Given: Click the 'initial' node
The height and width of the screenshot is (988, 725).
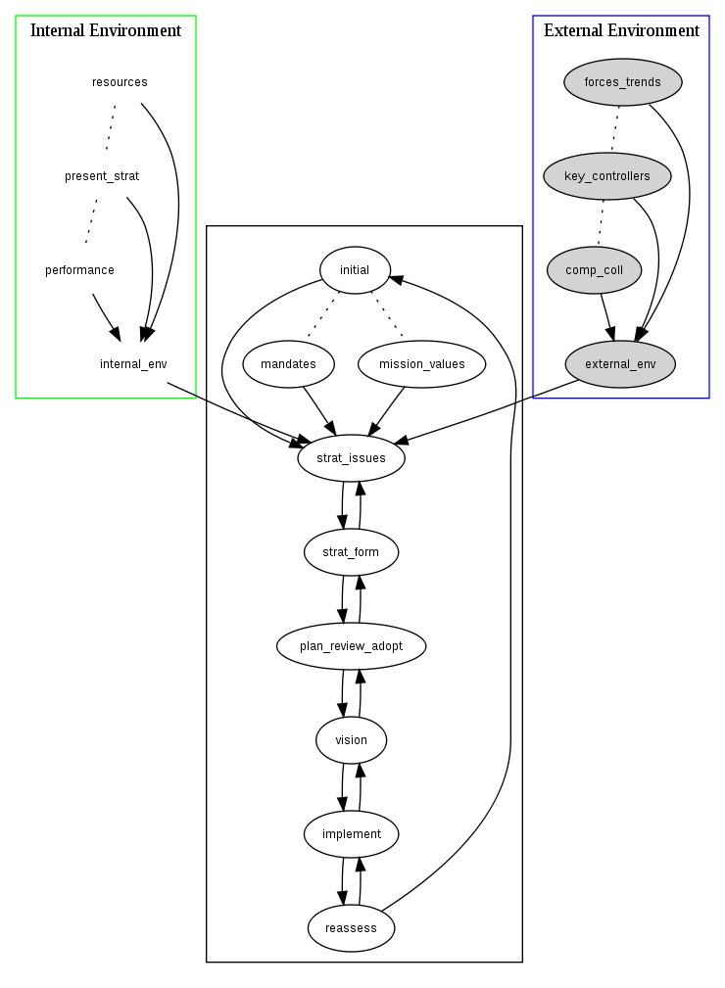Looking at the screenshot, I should coord(355,270).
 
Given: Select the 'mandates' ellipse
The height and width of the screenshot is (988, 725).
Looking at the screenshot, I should coord(288,364).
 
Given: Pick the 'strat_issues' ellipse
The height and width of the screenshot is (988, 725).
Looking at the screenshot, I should coord(351,457).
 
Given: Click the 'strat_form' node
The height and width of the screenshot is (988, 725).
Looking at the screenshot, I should coord(351,552).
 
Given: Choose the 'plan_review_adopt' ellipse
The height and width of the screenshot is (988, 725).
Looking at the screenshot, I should coord(351,646).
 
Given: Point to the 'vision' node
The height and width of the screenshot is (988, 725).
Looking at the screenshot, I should coord(351,740).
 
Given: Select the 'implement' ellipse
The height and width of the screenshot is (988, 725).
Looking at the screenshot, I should coord(351,834).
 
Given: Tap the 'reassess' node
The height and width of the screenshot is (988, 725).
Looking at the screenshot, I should coord(351,927).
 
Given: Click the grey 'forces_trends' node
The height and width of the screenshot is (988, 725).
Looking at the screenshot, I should coord(622,82).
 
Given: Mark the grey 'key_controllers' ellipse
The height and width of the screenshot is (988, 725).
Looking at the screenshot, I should coord(606,176).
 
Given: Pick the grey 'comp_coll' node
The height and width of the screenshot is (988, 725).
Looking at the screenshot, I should coord(594,270).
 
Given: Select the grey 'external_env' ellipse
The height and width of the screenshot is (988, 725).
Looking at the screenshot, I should coord(620,364).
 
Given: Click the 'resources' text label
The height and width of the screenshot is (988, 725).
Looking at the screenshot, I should coord(120,82).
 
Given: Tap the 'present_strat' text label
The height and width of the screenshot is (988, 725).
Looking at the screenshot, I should coord(102,176).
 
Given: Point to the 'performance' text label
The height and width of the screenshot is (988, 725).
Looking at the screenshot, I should coord(79,270).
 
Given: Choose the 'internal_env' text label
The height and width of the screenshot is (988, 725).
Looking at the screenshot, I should coord(133,364).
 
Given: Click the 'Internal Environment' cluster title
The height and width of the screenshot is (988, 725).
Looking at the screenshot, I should coord(106,30).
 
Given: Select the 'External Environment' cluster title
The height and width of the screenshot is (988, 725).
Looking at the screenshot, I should coord(621,30).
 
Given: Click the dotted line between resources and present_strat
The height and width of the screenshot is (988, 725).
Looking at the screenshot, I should coord(111,128).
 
